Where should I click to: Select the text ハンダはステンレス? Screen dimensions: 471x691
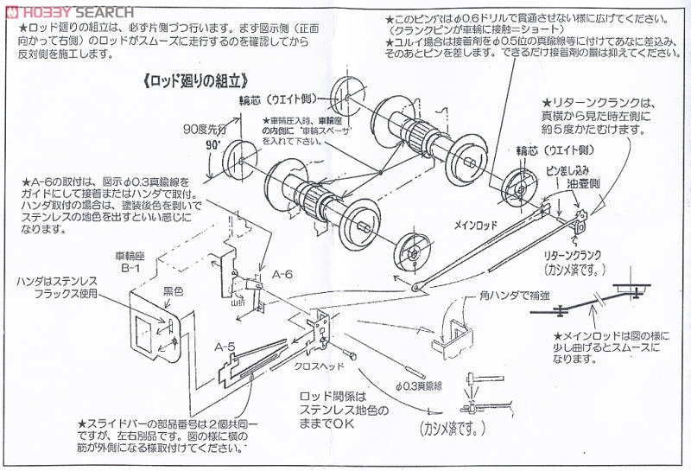pos(64,282)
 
